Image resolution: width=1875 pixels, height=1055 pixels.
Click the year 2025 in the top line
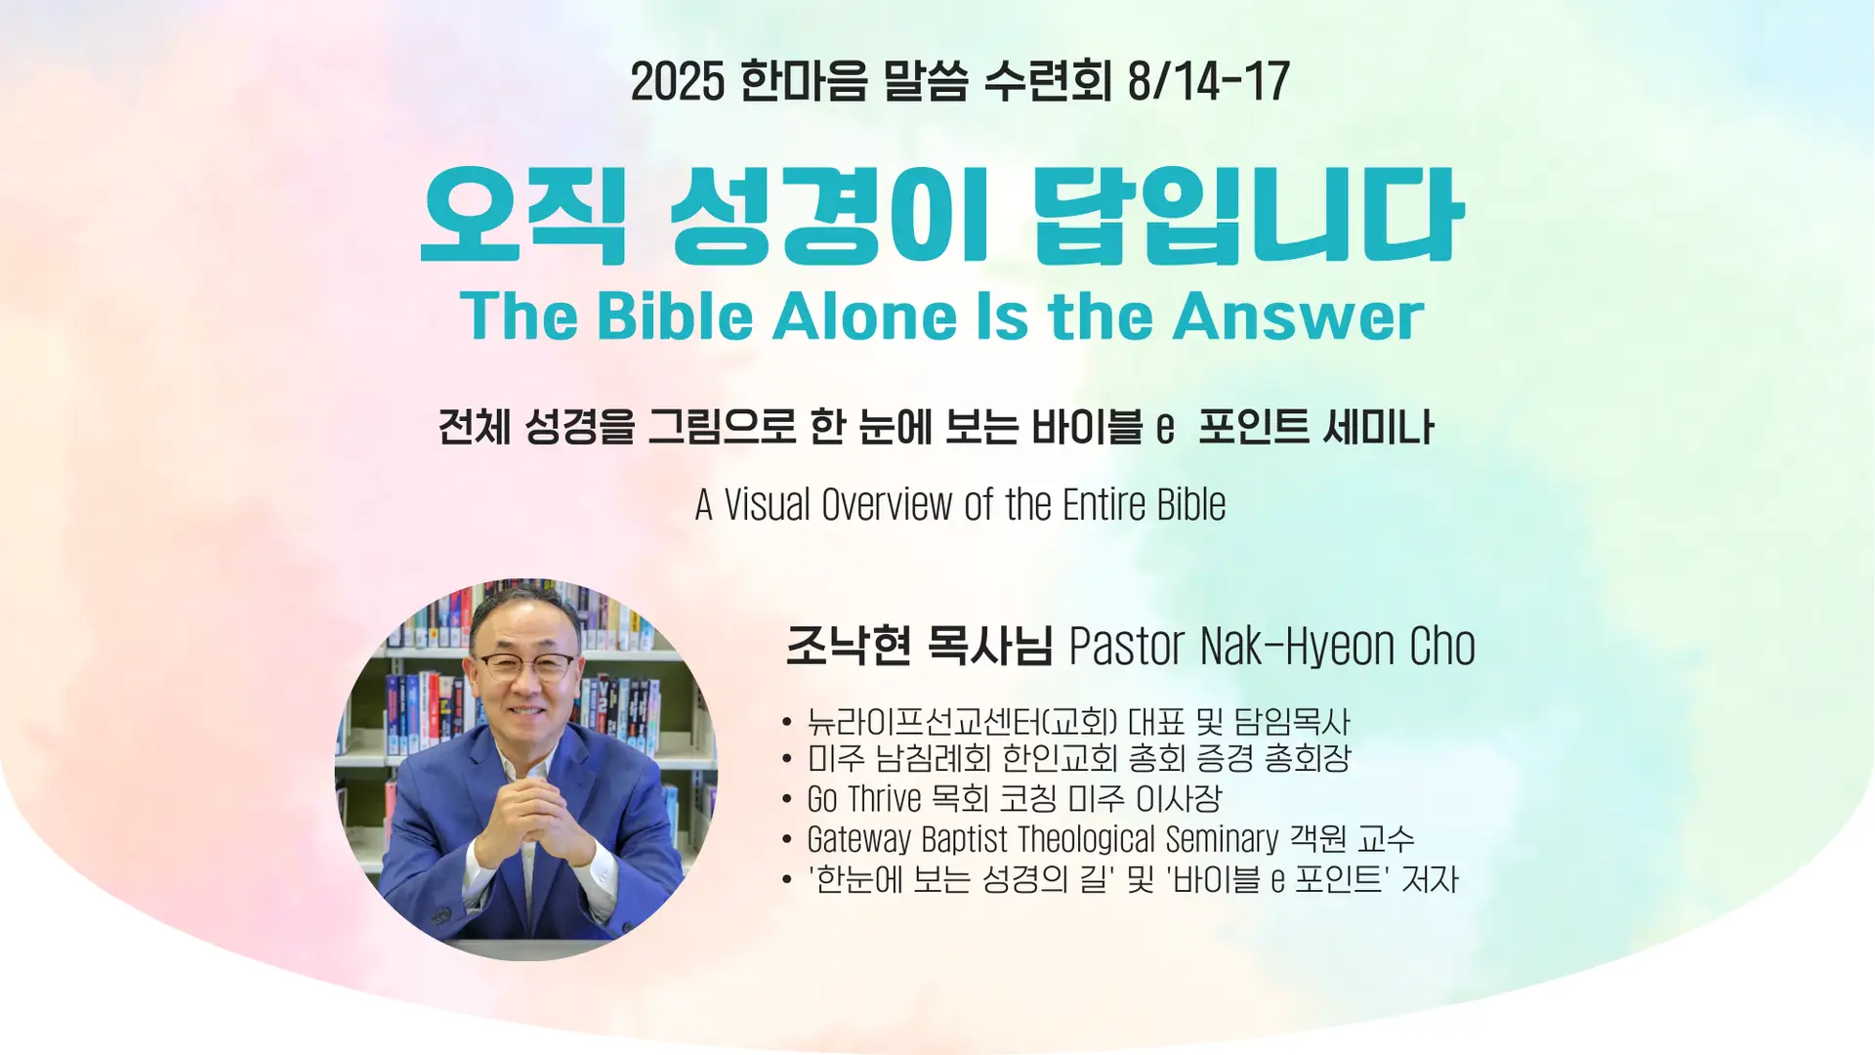tap(677, 81)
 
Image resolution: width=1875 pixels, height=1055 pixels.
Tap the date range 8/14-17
tap(1208, 81)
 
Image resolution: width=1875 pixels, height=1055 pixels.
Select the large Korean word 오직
tap(522, 215)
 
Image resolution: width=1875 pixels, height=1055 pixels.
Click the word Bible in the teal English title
tap(675, 316)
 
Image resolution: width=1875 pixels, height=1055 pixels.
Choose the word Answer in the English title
tap(1299, 316)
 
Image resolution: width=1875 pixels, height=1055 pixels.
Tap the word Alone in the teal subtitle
tap(865, 316)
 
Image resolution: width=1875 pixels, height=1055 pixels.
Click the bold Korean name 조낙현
tap(848, 646)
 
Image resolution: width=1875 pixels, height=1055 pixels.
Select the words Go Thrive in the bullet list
tap(864, 799)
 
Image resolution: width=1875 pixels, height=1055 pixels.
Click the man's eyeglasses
tap(525, 667)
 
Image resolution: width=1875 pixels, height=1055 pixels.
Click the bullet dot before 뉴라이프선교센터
tap(787, 723)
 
